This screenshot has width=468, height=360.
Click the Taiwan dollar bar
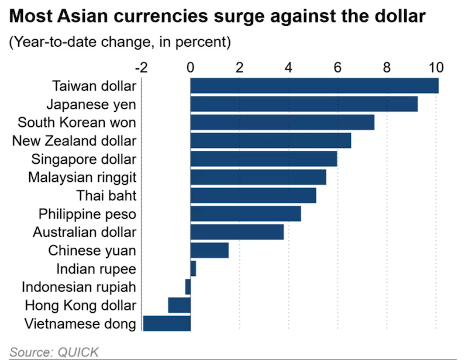click(x=314, y=86)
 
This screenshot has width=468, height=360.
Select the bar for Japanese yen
click(x=304, y=104)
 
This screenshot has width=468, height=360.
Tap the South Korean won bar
click(x=282, y=122)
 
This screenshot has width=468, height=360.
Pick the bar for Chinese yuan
click(x=209, y=250)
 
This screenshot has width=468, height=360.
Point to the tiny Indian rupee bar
click(x=193, y=269)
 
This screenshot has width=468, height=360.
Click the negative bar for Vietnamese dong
click(x=167, y=323)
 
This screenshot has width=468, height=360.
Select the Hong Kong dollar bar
click(x=179, y=305)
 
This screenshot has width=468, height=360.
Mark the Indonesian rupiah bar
click(x=188, y=287)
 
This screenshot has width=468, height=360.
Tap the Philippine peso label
click(x=87, y=214)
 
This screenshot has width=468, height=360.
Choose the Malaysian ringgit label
click(x=82, y=177)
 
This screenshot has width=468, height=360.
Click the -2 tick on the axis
click(x=141, y=67)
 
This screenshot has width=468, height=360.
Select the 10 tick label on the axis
click(x=436, y=67)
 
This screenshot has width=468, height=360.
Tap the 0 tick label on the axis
click(x=191, y=67)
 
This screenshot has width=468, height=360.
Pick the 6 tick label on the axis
click(x=338, y=67)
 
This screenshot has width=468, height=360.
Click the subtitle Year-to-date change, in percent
click(x=119, y=42)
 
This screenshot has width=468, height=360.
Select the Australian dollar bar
click(x=237, y=232)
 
